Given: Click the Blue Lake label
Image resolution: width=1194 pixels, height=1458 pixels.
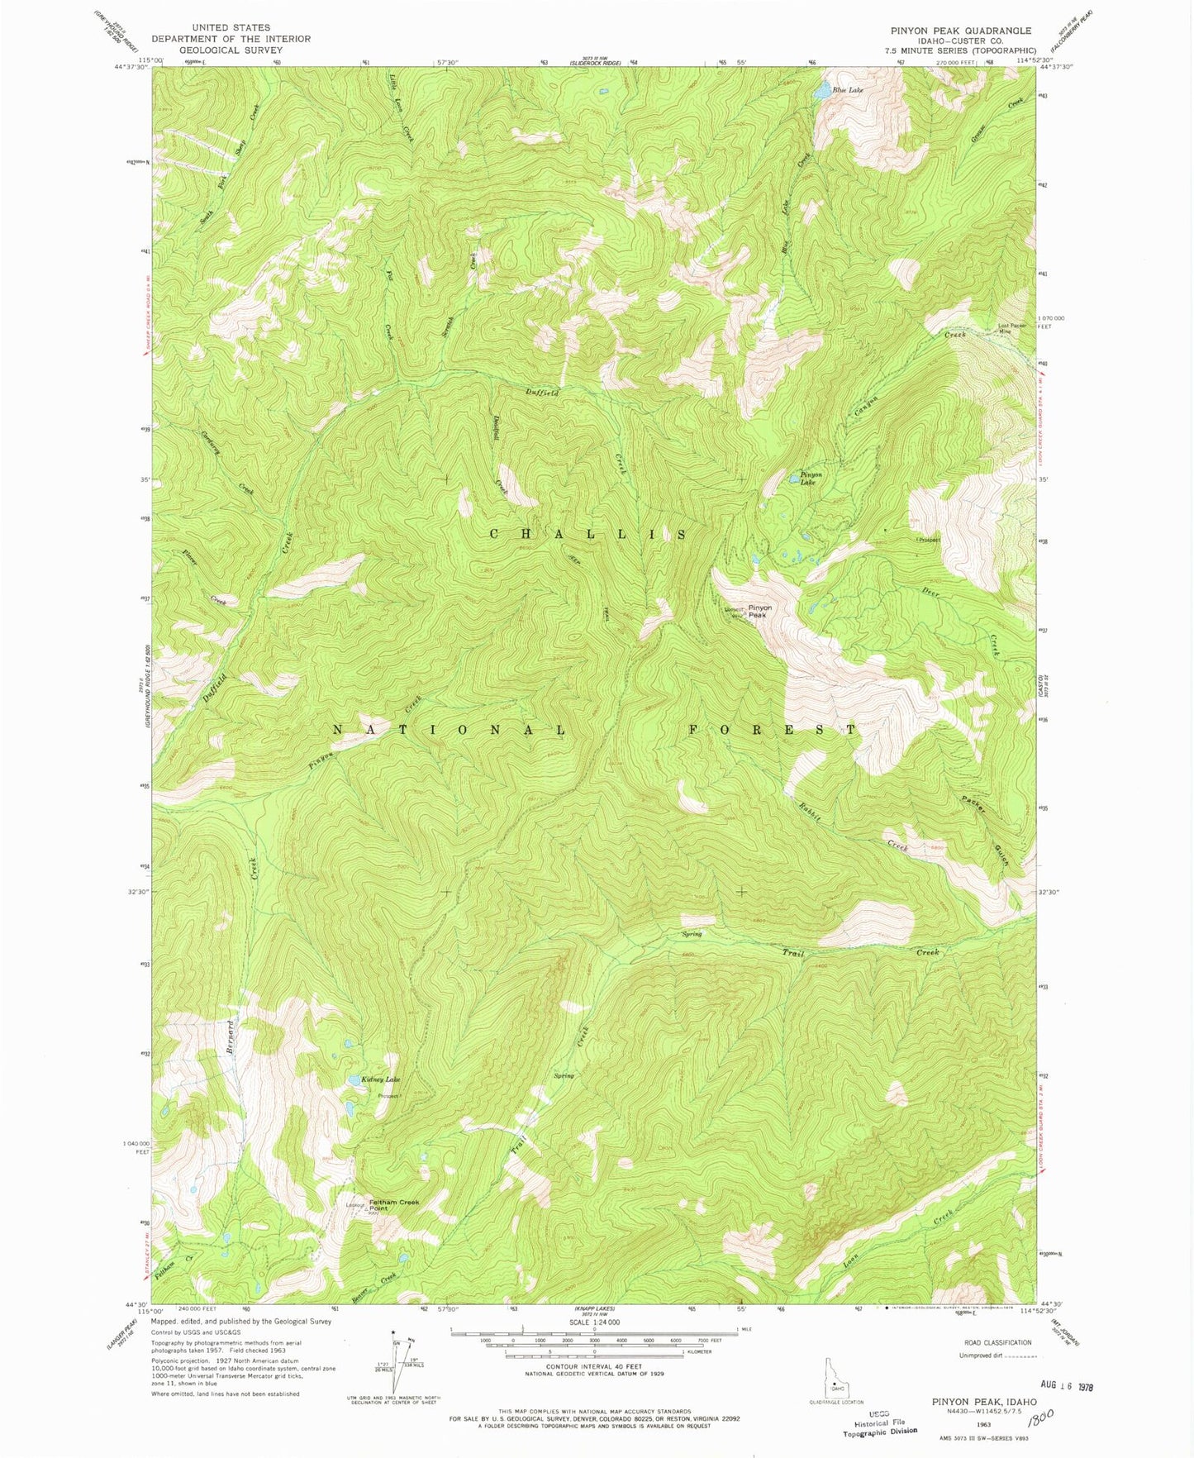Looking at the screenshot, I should pos(848,89).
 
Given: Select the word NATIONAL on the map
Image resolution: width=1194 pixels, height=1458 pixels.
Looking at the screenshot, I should pos(450,730).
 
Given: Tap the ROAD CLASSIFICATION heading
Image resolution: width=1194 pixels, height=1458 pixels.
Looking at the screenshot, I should pos(996,1343).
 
